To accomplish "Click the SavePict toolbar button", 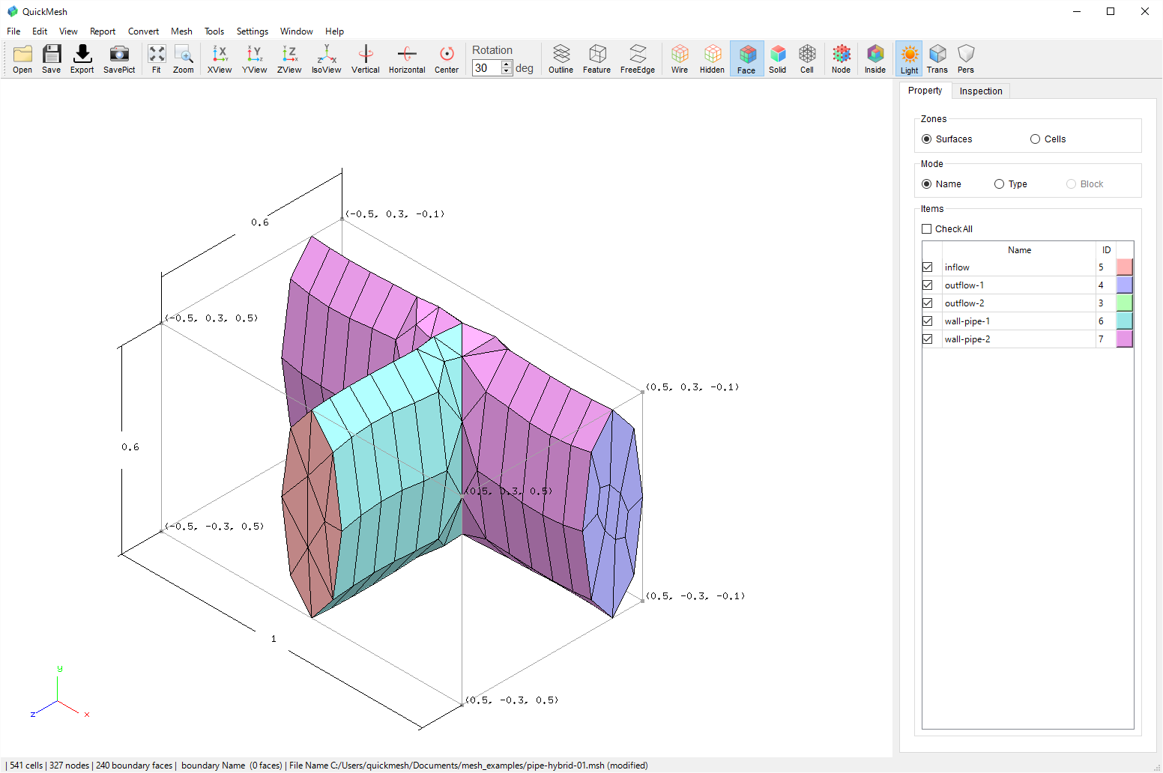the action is tap(119, 58).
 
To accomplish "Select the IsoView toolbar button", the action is tap(326, 58).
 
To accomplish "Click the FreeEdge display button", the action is tap(637, 58).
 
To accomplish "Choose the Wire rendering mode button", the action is tap(679, 58).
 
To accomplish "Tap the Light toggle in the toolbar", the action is tap(908, 58).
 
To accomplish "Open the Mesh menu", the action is tap(181, 31).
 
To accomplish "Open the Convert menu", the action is tap(143, 31).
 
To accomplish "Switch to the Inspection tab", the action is tap(980, 91).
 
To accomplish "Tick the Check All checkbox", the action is tap(926, 229).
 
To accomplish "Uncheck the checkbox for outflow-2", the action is tap(927, 303).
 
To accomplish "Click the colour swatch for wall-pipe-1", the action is tap(1124, 321).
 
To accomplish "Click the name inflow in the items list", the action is tap(957, 267).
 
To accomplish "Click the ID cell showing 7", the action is tap(1101, 339).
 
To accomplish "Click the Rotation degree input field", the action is tap(486, 68).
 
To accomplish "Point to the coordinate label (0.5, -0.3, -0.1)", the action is tap(695, 596).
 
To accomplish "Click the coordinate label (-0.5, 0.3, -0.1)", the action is tap(395, 214).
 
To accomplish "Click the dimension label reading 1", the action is tap(274, 638).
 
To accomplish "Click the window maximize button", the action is tap(1111, 11).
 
